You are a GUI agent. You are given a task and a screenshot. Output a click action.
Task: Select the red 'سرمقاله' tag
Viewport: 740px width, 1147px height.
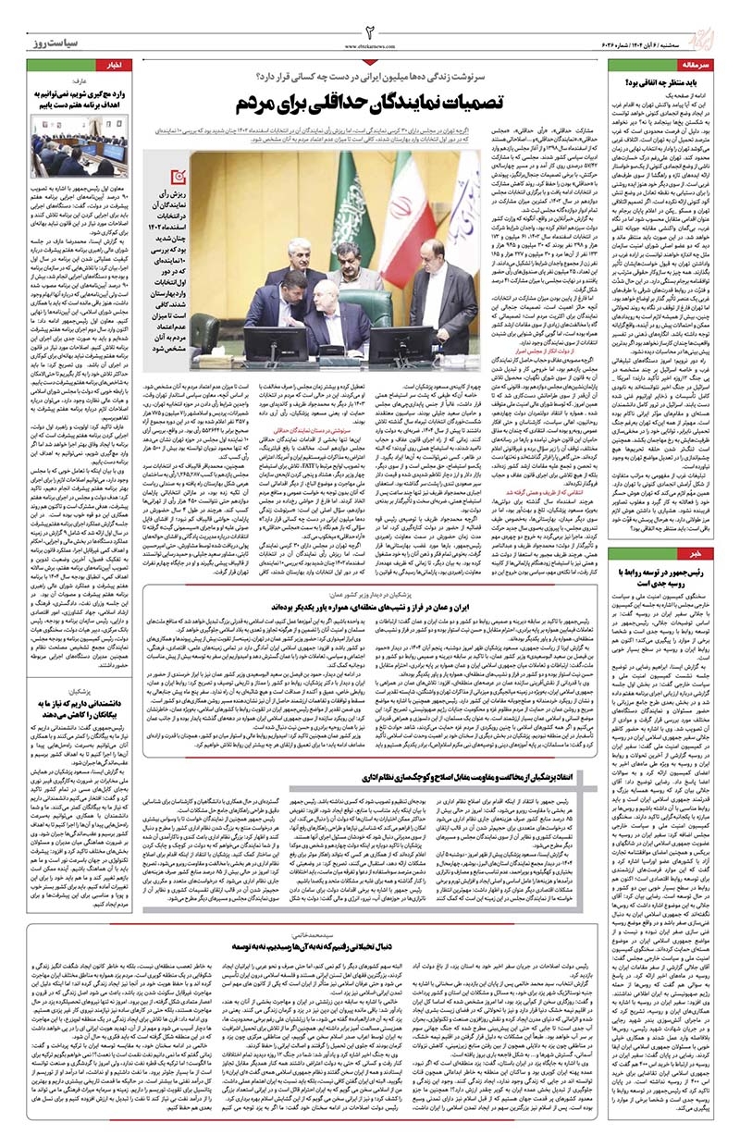coord(711,67)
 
